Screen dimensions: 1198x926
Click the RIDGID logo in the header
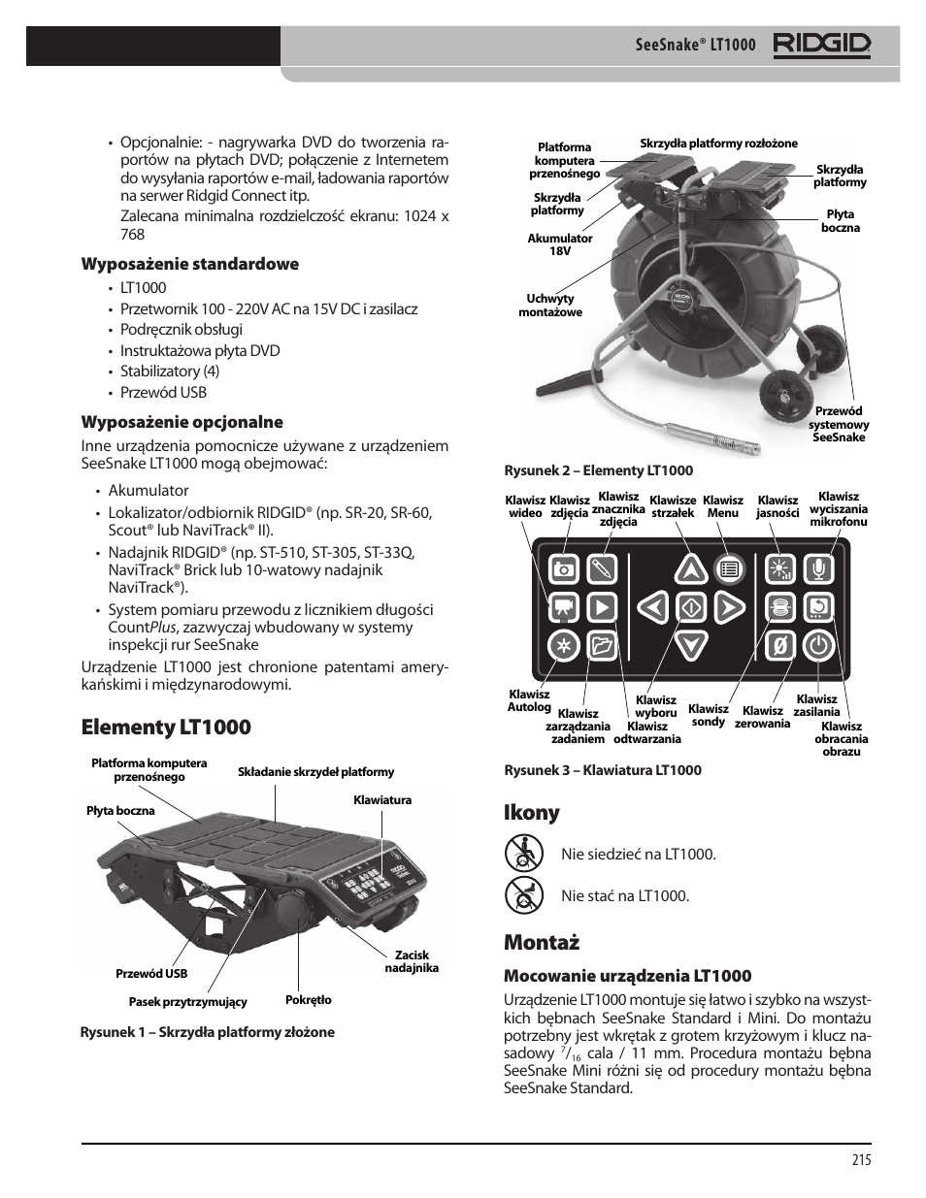821,45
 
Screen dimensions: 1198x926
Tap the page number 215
861,1159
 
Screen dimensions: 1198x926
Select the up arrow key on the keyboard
690,570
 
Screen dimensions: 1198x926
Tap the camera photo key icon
563,569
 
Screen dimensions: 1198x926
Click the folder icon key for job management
602,645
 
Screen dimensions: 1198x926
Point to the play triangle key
602,607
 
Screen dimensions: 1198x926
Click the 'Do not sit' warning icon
524,854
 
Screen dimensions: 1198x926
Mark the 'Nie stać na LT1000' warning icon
524,894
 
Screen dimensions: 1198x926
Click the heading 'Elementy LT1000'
166,728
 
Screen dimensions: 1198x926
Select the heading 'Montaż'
542,942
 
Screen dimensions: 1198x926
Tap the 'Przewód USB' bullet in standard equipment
163,393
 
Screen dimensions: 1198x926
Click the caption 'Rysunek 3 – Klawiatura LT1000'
602,770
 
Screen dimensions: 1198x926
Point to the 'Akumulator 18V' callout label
560,244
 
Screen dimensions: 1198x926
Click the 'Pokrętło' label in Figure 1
309,1000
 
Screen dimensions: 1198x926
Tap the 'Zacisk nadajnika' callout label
412,961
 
